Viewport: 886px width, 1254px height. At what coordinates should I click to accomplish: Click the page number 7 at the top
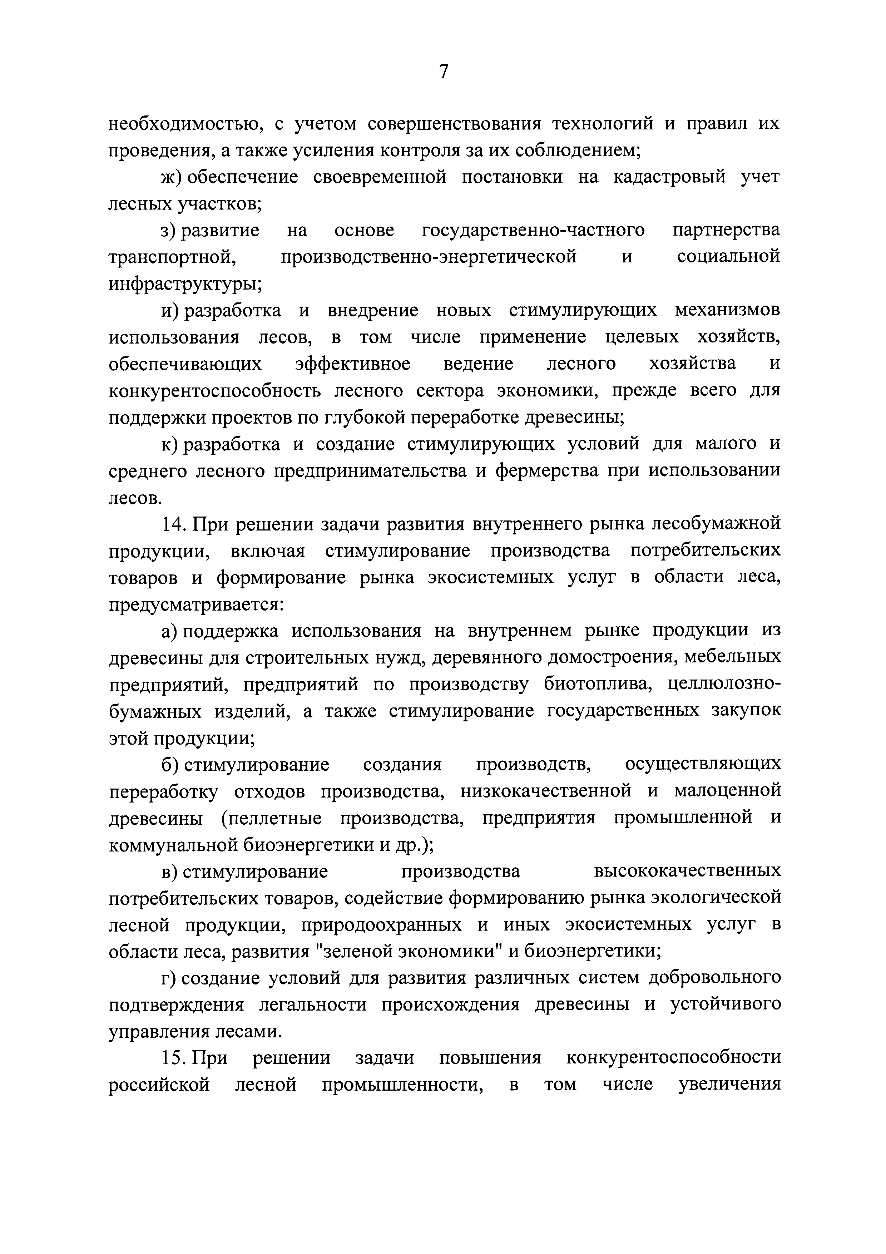coord(443,71)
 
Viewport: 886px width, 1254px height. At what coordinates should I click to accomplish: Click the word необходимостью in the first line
coord(180,124)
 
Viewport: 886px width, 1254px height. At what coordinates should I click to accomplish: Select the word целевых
coord(643,337)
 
